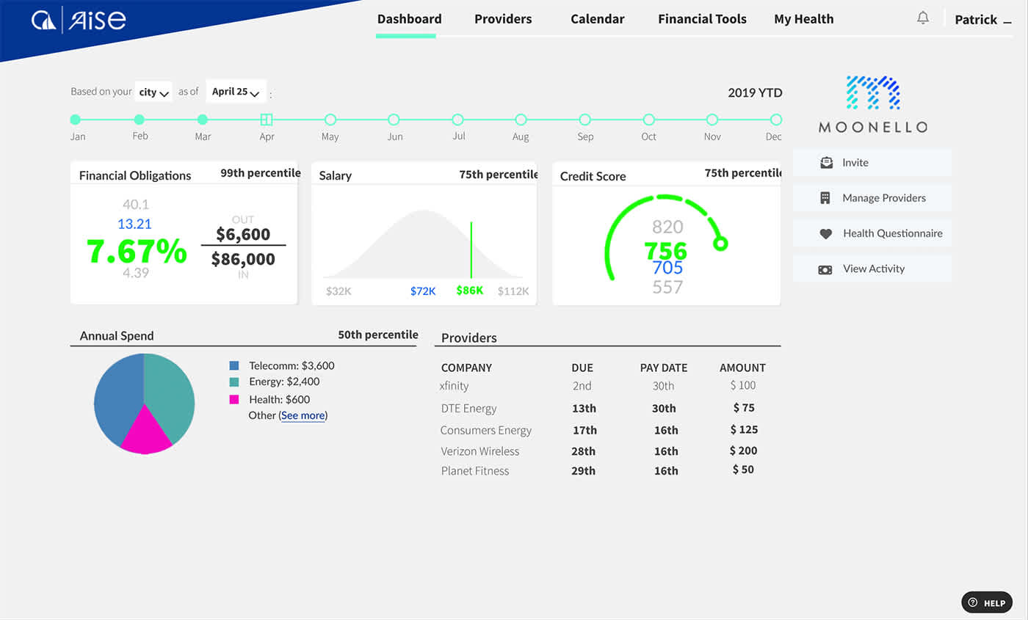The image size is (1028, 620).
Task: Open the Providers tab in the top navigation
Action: point(503,20)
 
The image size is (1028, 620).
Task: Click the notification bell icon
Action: point(923,18)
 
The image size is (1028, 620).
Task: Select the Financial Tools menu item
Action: point(702,20)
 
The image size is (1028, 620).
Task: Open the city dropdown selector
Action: point(154,92)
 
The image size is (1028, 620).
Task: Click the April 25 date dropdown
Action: point(236,92)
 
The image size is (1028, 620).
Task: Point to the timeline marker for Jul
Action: point(457,120)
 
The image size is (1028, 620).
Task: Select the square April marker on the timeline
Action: point(267,120)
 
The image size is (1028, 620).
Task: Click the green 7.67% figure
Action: point(137,251)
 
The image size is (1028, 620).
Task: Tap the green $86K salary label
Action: point(469,291)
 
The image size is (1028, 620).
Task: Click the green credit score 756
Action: point(666,251)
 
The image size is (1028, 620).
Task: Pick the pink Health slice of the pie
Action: point(145,434)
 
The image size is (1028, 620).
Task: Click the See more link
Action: point(303,416)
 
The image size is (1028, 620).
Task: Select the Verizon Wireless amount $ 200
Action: point(743,451)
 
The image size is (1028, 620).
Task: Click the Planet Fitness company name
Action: point(475,471)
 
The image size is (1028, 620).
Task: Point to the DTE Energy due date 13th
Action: point(584,408)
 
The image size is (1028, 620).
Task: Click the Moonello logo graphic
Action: point(872,93)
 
